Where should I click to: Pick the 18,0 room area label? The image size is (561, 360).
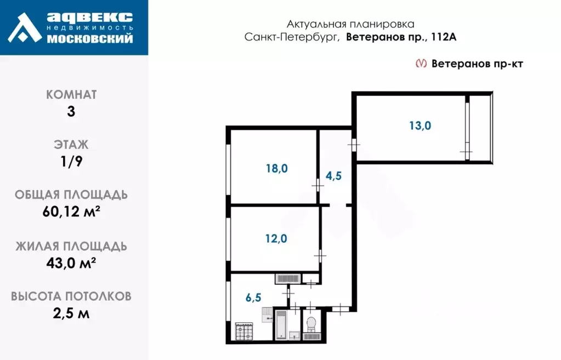point(276,169)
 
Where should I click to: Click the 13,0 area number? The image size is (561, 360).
point(420,125)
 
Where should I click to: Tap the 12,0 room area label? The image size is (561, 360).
point(276,238)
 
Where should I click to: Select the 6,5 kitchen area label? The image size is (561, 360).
point(253,298)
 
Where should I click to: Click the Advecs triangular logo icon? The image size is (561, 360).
point(25,27)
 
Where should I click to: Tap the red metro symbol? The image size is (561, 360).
point(421,64)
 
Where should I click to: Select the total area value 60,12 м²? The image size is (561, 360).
point(71,212)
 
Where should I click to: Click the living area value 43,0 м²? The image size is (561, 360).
point(71,262)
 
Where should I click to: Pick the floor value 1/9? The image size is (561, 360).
point(71,161)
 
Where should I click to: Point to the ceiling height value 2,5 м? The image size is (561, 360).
point(71,313)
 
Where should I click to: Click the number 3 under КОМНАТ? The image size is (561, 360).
point(71,111)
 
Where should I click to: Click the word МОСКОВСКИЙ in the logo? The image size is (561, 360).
point(90,38)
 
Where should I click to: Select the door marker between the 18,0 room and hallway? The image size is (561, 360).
point(318,186)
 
